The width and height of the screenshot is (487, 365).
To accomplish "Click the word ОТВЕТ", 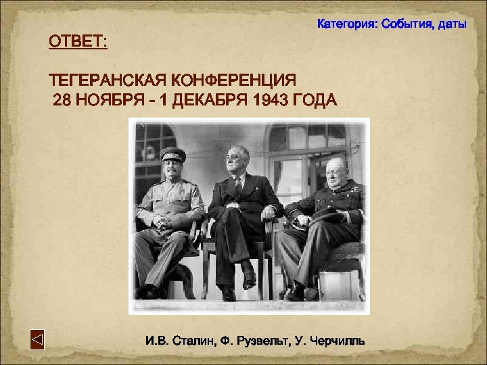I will [76, 43].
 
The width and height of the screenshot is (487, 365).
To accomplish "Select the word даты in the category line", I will [451, 24].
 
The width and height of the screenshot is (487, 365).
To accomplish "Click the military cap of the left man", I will [172, 153].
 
